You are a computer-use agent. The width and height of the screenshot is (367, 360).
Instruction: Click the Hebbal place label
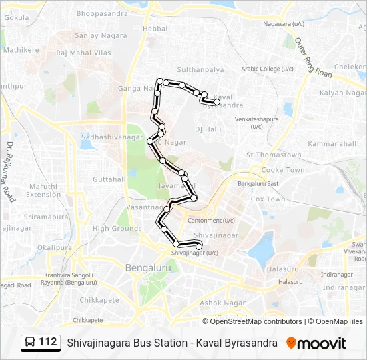coord(155,29)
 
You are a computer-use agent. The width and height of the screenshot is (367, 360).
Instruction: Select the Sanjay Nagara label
coord(95,35)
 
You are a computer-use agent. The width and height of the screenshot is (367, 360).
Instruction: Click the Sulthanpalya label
coord(200,69)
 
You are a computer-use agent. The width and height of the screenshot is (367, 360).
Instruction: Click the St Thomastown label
coord(274,155)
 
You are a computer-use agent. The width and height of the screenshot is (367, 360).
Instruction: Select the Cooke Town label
coord(282,170)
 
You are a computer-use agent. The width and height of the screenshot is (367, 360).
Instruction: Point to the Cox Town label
coord(268,199)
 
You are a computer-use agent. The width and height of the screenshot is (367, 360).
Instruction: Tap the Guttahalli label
coord(110,179)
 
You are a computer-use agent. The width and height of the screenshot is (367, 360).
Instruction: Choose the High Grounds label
coord(117,228)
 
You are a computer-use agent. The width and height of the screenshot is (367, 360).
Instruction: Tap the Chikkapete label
coord(99,299)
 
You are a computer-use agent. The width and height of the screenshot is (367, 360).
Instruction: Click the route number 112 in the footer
coord(48,342)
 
